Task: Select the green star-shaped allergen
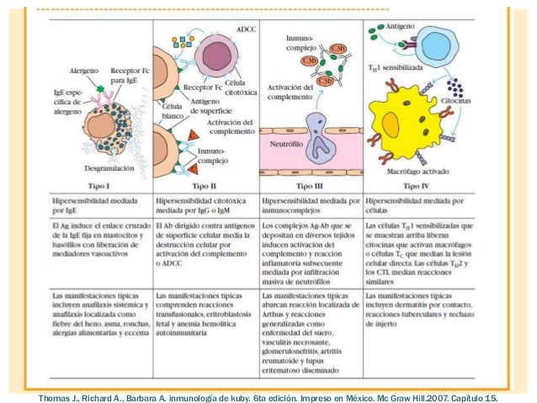(102, 88)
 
